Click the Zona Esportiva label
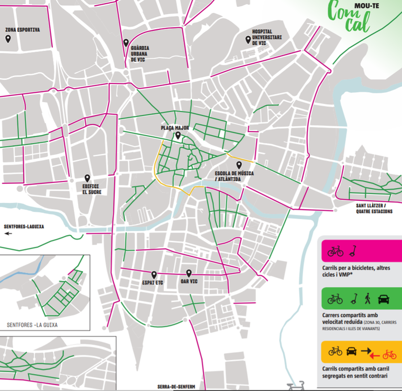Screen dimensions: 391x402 (23, 30)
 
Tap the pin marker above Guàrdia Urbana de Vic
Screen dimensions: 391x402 (126, 42)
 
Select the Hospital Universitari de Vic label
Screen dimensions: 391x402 (266, 37)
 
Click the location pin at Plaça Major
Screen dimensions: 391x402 (178, 136)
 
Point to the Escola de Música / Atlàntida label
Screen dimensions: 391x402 (228, 176)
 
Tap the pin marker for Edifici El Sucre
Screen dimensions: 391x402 (87, 179)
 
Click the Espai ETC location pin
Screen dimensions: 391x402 (154, 275)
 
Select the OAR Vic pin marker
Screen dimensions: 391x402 (189, 273)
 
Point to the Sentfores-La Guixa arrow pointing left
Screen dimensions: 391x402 (8, 234)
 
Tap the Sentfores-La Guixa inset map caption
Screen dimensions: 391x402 (32, 324)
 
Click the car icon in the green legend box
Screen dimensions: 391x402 (384, 299)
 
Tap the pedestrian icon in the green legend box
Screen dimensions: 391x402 (368, 299)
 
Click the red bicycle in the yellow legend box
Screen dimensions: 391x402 (389, 355)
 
